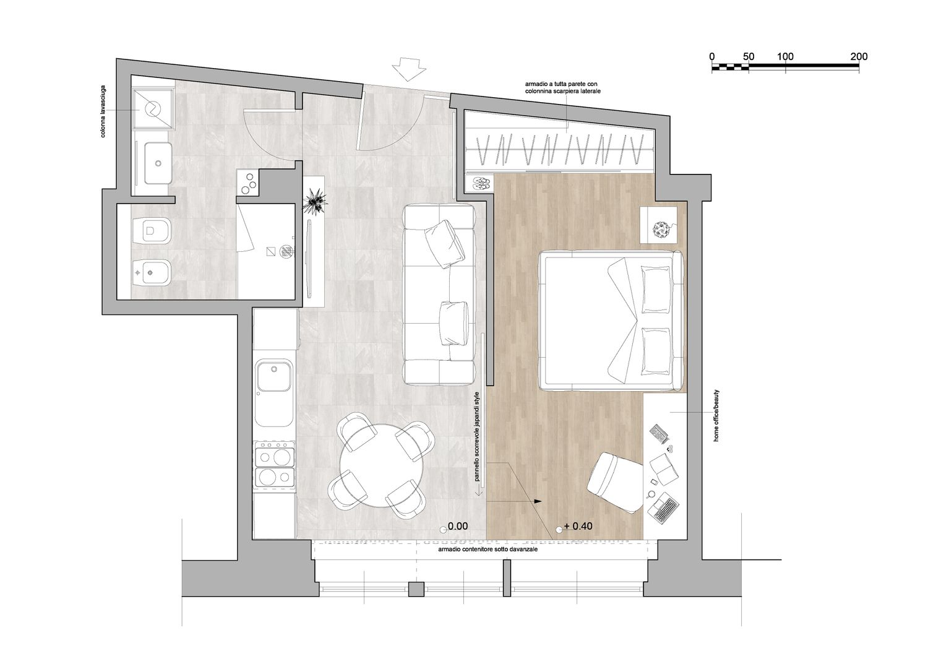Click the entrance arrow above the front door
pos(408,69)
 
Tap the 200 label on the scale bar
pos(859,57)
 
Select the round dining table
pos(380,465)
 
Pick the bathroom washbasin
pos(158,163)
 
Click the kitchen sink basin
pos(274,376)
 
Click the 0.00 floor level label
pos(458,526)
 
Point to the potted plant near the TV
pos(316,201)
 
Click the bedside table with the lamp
pos(659,225)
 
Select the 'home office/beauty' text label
pos(716,416)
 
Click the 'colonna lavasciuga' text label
pos(103,111)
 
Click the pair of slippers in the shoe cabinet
pos(481,183)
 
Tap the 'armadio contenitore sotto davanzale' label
pos(488,549)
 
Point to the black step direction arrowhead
pos(538,501)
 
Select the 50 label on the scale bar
pos(748,57)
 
